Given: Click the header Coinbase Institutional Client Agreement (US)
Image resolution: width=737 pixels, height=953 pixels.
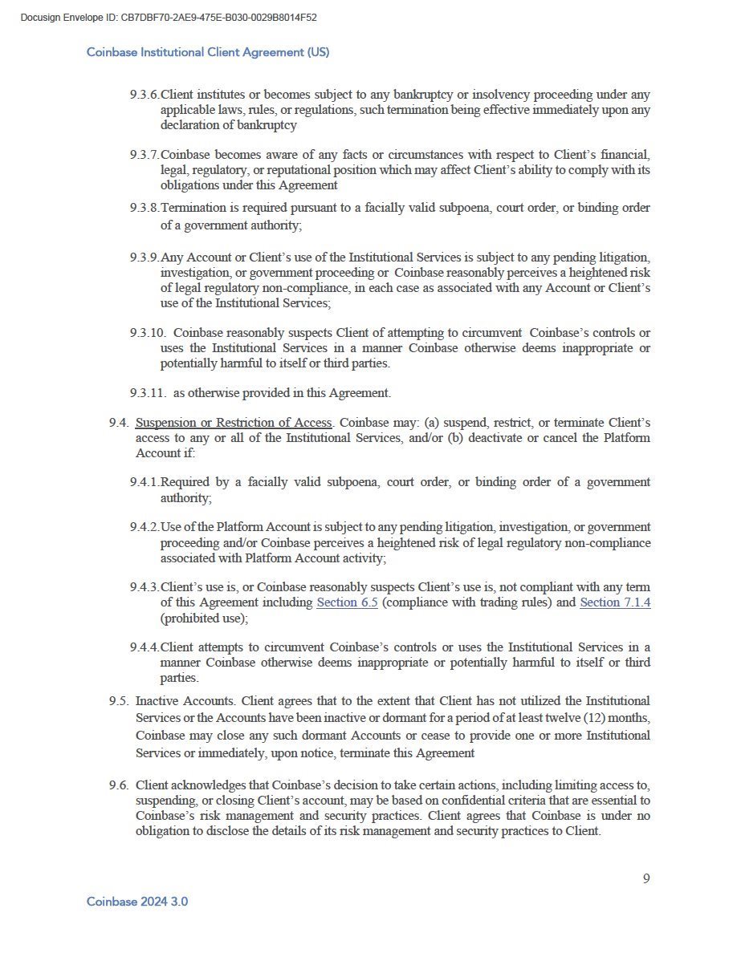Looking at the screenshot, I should (x=208, y=52).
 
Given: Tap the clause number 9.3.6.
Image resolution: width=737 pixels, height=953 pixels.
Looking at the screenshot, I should (x=145, y=95).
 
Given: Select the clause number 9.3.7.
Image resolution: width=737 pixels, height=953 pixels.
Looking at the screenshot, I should (x=145, y=154).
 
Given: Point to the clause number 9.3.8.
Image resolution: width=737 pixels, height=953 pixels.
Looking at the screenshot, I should (x=145, y=208).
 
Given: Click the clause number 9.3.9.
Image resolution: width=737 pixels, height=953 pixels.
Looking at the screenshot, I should (x=145, y=258).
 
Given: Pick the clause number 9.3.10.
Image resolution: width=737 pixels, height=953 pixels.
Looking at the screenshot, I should (x=148, y=333).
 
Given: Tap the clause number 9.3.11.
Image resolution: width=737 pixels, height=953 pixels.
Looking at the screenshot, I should (x=148, y=393).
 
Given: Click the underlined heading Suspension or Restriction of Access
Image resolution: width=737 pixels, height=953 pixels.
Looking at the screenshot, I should (x=234, y=423).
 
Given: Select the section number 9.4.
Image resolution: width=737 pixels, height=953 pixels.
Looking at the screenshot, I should (x=119, y=423).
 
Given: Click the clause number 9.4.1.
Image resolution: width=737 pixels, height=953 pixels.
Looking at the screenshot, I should (x=145, y=483).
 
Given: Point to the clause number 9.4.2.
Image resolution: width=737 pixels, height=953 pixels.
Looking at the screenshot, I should (x=145, y=528).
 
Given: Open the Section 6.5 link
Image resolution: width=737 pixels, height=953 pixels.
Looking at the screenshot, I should (x=347, y=602).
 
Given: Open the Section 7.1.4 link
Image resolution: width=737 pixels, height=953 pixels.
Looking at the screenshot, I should (x=615, y=602).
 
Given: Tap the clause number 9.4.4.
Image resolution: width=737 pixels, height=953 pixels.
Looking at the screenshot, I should (x=145, y=647).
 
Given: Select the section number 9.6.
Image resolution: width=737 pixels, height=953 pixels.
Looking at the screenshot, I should (x=119, y=785).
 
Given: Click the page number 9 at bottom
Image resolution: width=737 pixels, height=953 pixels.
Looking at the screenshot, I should (x=646, y=878).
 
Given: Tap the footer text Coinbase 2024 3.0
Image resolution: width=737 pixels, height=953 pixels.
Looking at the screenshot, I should (x=137, y=902).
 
